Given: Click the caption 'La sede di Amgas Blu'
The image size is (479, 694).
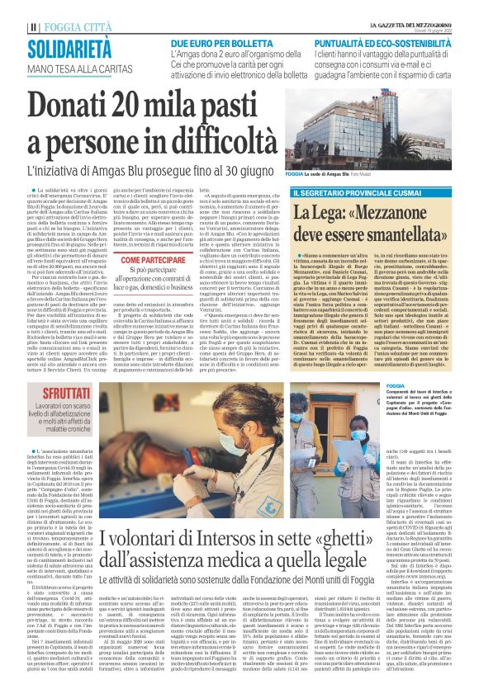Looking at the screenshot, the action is [345, 176].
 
